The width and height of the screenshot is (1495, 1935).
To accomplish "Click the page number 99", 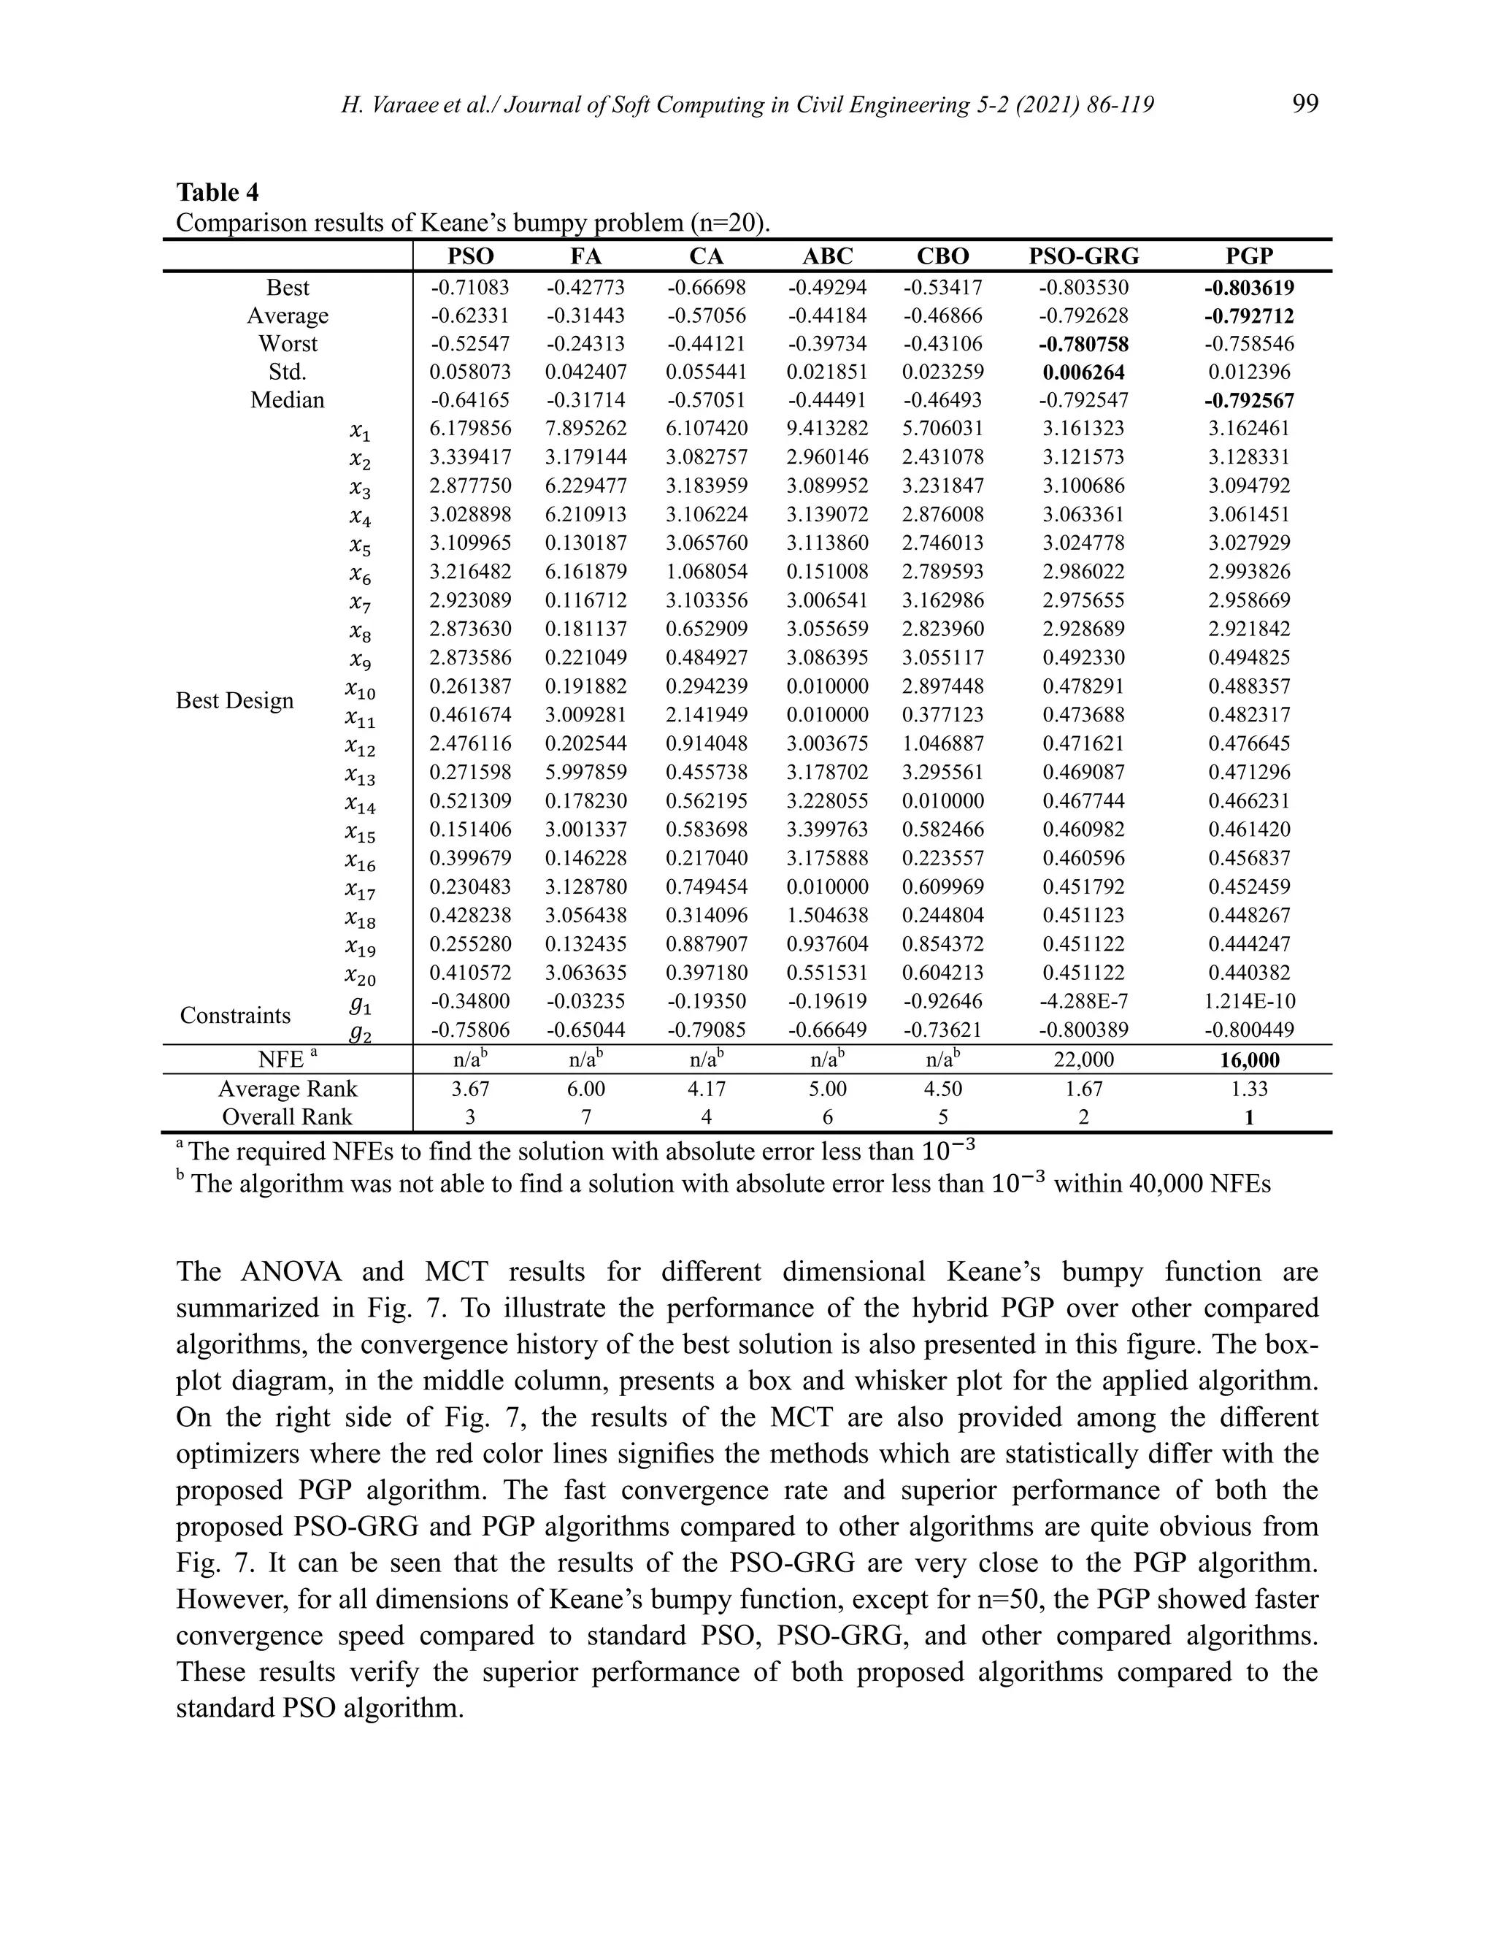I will pos(1304,104).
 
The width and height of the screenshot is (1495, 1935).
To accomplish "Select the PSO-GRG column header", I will pos(1083,257).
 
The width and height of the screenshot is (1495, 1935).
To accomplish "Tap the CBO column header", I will pos(942,257).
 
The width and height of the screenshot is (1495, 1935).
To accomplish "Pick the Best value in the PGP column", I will pos(1249,287).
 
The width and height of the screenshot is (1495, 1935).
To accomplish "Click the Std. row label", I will pos(287,372).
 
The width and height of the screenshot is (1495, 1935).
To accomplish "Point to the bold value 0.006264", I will pos(1083,372).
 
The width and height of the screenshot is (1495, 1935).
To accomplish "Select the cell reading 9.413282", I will pos(827,429).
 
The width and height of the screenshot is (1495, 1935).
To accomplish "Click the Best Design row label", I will pos(235,701).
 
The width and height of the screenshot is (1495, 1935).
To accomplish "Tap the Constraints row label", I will pos(235,1016).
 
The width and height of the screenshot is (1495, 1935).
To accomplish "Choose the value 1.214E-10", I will pos(1249,1001).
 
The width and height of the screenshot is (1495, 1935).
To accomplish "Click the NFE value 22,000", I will pos(1083,1060).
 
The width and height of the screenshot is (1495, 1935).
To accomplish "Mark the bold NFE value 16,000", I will pos(1249,1060).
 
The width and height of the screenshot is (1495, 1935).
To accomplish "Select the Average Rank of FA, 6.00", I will pos(585,1089).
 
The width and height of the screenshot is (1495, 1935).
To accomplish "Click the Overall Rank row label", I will pos(287,1117).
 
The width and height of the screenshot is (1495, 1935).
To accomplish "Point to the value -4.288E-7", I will pos(1083,1001).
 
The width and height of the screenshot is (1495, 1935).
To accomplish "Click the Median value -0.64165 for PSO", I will pos(469,400).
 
